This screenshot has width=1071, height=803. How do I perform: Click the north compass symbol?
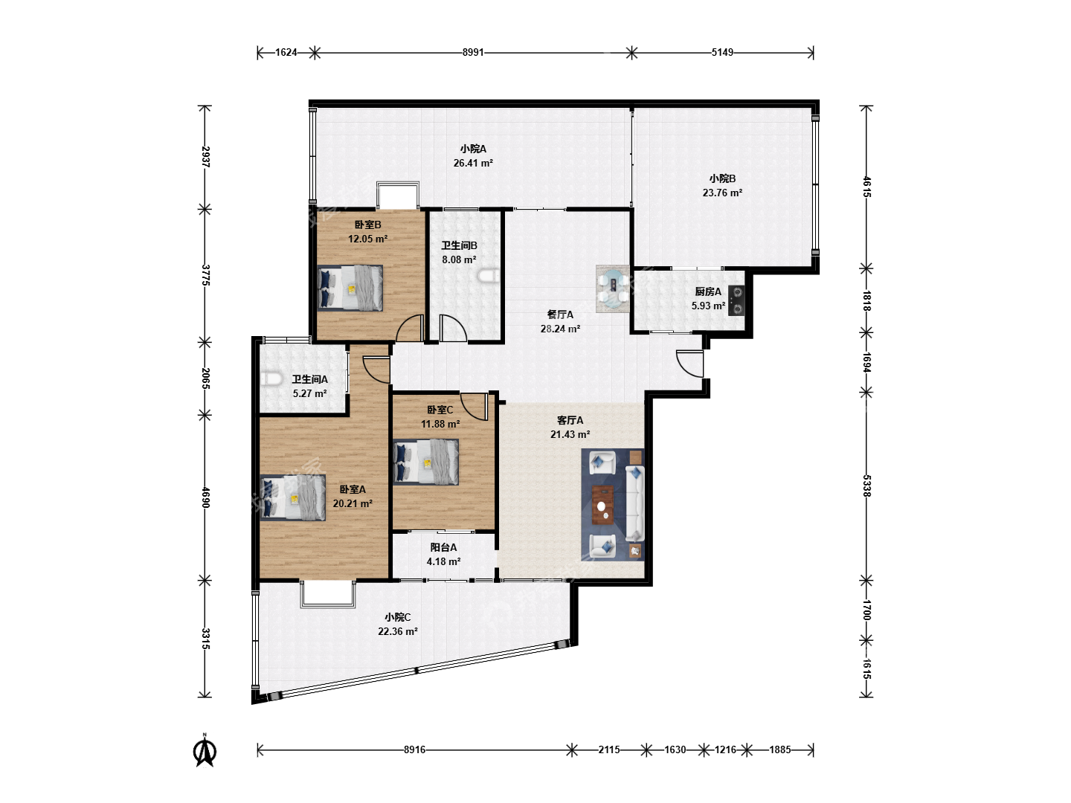[x=205, y=751]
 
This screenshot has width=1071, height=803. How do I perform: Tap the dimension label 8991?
[x=473, y=52]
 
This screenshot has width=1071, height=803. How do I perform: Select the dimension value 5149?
[x=722, y=52]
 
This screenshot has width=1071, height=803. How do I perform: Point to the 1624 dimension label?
[x=286, y=52]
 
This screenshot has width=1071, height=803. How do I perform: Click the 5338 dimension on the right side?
[x=866, y=486]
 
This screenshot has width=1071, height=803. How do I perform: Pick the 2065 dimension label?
[x=205, y=378]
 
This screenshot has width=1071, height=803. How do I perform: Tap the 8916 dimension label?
[x=414, y=750]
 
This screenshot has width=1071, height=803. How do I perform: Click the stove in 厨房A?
[x=736, y=300]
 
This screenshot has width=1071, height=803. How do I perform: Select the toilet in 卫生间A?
[x=271, y=379]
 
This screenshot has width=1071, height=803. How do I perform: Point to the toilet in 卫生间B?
[x=489, y=275]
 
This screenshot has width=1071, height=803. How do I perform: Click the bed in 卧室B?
[x=350, y=288]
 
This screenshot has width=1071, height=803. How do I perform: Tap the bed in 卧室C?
[x=426, y=462]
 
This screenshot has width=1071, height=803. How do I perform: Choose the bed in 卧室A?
[x=293, y=498]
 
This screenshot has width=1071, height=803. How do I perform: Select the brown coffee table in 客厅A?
[x=603, y=505]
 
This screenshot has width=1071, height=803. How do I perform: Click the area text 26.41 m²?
[x=473, y=163]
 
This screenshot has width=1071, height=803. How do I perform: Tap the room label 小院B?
[x=722, y=178]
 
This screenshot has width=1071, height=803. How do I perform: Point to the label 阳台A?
[x=443, y=547]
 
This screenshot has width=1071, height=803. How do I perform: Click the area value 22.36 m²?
[x=398, y=631]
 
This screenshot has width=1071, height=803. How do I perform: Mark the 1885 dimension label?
[x=779, y=750]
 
